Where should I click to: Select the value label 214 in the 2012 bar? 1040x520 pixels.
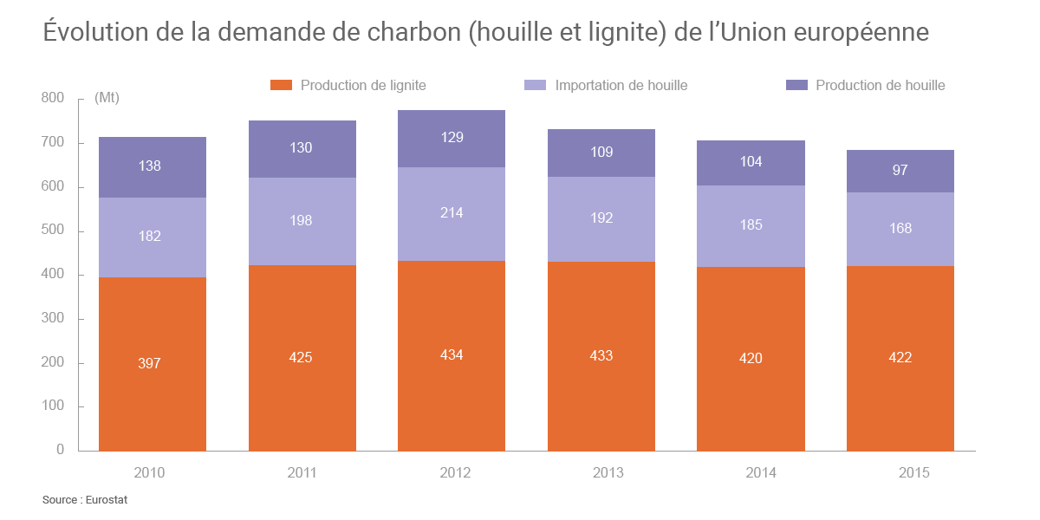click(452, 212)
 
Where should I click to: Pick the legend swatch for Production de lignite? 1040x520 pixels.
click(282, 85)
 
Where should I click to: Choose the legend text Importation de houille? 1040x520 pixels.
click(621, 85)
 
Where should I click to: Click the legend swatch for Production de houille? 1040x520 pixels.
click(796, 85)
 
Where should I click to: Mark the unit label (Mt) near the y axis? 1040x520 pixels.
click(107, 98)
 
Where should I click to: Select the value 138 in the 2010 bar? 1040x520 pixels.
click(150, 166)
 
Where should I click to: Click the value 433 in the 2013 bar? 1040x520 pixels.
click(601, 355)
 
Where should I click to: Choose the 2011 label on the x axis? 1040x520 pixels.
click(302, 473)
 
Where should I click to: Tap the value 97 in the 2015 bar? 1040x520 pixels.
click(900, 170)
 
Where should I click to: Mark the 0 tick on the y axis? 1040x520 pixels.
click(60, 450)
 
